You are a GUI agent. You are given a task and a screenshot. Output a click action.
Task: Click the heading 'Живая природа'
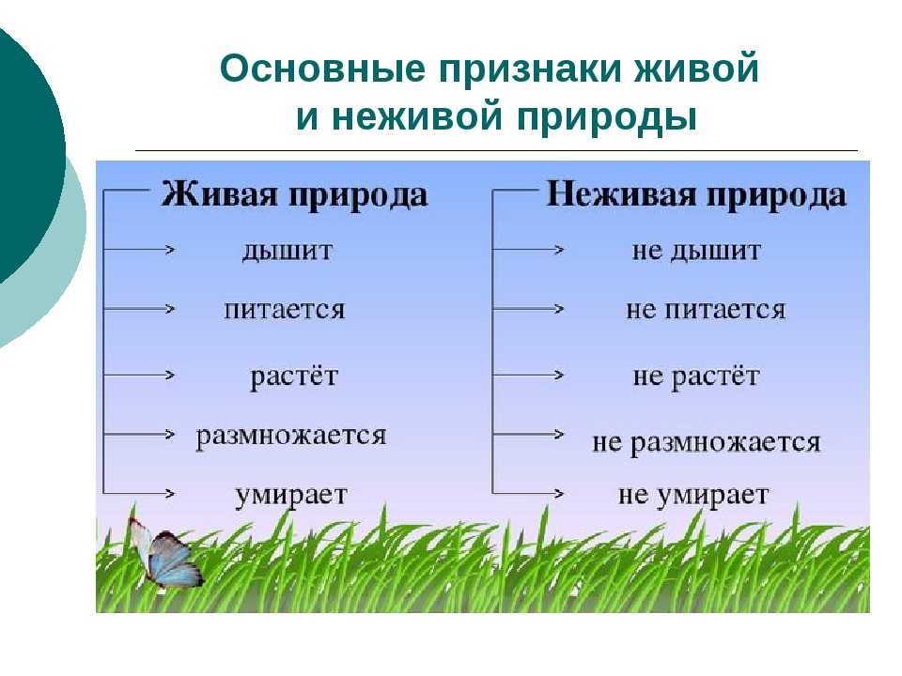(294, 195)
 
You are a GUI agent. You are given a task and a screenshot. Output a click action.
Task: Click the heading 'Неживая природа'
(696, 195)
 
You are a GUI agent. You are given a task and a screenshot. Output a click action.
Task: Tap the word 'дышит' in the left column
(288, 251)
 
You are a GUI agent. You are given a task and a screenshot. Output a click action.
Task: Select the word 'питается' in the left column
(285, 309)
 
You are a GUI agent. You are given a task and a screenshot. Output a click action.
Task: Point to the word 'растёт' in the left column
(294, 376)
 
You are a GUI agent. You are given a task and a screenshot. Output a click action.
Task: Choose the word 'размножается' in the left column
(291, 436)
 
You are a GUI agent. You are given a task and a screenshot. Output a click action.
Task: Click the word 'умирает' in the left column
(291, 494)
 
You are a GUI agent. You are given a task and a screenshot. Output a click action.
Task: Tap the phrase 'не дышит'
(696, 251)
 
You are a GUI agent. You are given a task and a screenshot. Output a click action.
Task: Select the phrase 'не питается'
(706, 309)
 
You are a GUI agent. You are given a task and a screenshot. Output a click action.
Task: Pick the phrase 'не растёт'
(696, 376)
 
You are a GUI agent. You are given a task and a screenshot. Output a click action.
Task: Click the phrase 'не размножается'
(706, 442)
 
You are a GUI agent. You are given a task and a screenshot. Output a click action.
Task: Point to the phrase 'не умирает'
(693, 494)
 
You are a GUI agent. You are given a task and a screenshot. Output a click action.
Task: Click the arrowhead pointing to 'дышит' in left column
(170, 250)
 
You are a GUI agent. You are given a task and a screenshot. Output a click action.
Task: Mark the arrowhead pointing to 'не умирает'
(558, 492)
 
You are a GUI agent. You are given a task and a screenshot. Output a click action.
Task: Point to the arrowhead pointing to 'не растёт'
(558, 375)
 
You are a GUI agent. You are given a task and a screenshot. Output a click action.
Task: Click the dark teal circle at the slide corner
(23, 150)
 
